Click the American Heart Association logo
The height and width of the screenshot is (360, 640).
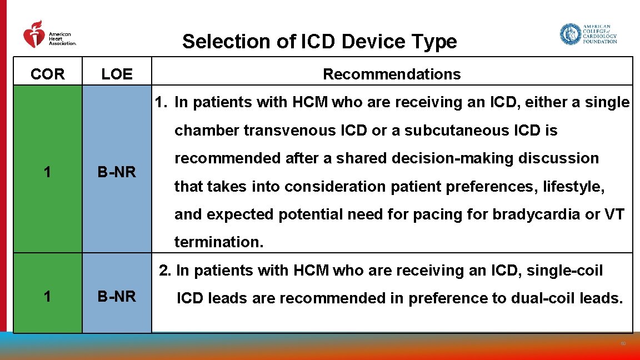pyautogui.click(x=49, y=36)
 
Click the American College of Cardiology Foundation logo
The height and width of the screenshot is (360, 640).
pyautogui.click(x=588, y=34)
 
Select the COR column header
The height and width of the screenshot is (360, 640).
pyautogui.click(x=48, y=74)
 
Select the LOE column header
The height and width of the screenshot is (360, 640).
pyautogui.click(x=117, y=74)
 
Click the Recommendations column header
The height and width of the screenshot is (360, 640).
pyautogui.click(x=392, y=74)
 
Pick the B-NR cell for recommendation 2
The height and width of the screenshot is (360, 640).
pyautogui.click(x=117, y=297)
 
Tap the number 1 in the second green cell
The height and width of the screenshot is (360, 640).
pyautogui.click(x=48, y=297)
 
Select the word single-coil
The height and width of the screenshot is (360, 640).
pyautogui.click(x=564, y=271)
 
